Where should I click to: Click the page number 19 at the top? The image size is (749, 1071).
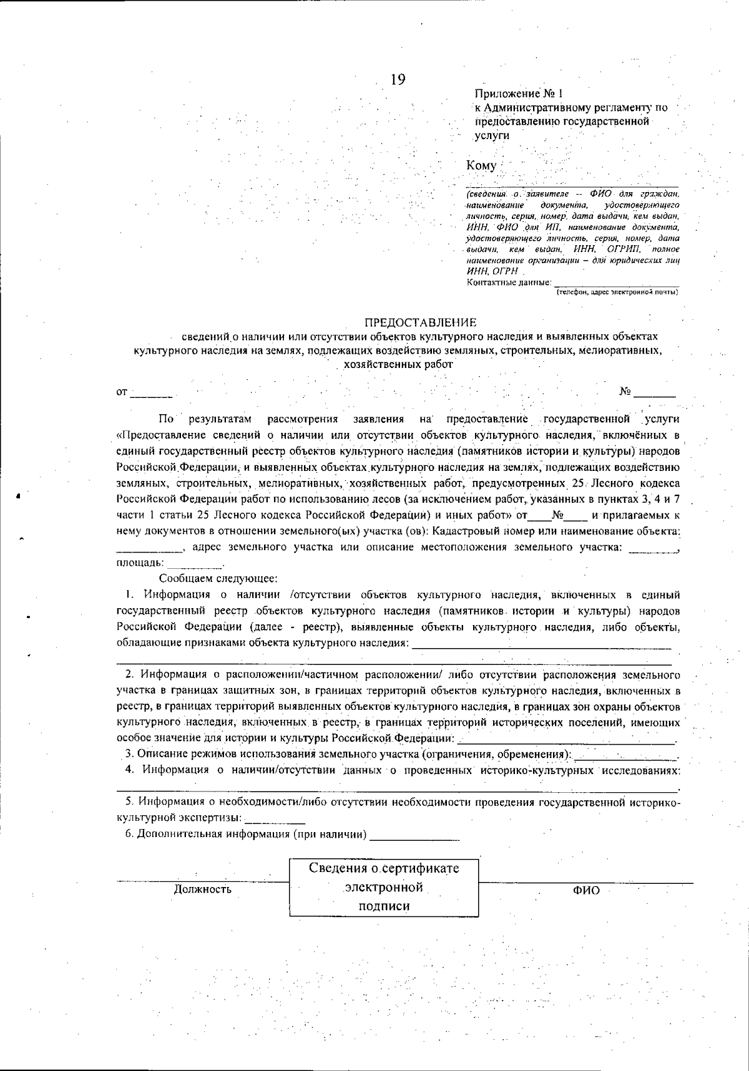point(398,80)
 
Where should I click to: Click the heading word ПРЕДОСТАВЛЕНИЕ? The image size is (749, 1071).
point(421,322)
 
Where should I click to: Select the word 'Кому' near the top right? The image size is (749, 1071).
point(481,165)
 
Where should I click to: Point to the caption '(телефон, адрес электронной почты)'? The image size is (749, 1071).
point(617,291)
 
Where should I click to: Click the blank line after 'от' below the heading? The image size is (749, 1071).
point(152,394)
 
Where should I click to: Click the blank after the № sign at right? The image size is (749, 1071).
point(655,394)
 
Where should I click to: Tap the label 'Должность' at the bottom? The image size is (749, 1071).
point(202,889)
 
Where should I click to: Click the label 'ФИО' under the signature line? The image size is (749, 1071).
point(586,890)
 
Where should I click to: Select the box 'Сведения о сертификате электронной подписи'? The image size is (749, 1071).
point(384,887)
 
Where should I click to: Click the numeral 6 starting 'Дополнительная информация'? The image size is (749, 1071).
point(129,835)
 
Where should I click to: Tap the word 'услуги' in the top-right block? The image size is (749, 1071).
point(492,135)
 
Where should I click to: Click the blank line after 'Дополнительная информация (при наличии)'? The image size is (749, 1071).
point(414,836)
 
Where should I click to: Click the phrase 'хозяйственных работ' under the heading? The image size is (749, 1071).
point(394,364)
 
